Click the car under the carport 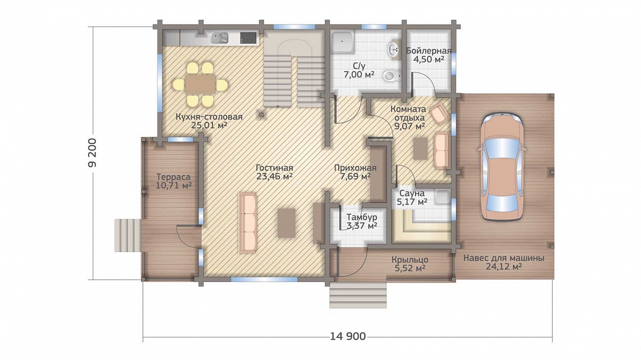(x=501, y=166)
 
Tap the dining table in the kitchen (x=200, y=85)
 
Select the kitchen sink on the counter (x=219, y=38)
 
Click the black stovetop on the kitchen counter (x=248, y=38)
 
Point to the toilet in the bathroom (x=391, y=75)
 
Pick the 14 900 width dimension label (x=348, y=336)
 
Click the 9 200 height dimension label (x=93, y=153)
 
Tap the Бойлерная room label (x=429, y=51)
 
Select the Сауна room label (x=412, y=193)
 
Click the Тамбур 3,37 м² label (x=362, y=221)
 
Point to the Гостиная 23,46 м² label (x=274, y=172)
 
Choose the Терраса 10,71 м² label (x=174, y=181)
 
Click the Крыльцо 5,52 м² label (x=409, y=264)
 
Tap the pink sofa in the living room (x=247, y=223)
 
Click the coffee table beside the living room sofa (x=287, y=223)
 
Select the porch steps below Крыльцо (x=358, y=295)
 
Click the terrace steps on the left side (x=128, y=235)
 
